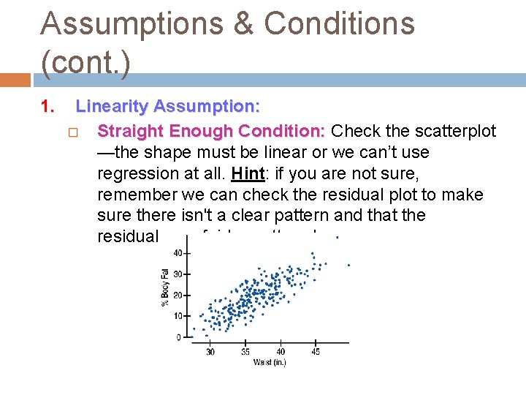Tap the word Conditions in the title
[339, 23]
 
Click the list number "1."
[48, 107]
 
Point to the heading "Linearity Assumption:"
[167, 107]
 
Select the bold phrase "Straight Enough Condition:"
[211, 131]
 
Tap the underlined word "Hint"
[245, 174]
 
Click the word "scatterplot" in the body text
[451, 131]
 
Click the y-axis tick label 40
[178, 253]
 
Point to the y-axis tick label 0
[179, 337]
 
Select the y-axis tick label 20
[178, 296]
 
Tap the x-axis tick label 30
[210, 352]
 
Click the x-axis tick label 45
[315, 352]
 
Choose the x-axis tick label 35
[245, 352]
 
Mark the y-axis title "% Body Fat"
[165, 287]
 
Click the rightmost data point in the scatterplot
[348, 265]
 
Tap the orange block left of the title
[15, 79]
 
